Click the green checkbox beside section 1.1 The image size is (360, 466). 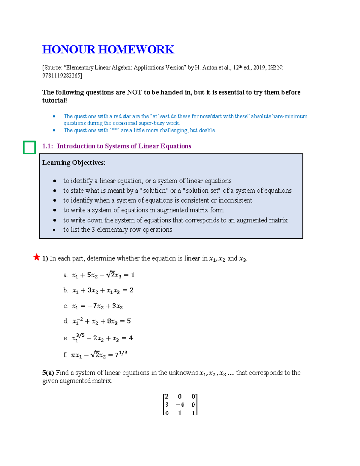[x=29, y=147]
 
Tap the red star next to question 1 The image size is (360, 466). [x=37, y=257]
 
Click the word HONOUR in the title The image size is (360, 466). [x=69, y=50]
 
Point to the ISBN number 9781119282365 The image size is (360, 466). [x=61, y=76]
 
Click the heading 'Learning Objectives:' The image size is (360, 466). [x=74, y=163]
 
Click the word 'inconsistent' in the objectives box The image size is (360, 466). [x=235, y=200]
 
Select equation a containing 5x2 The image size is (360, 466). [x=103, y=275]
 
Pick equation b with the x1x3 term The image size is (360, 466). [x=103, y=290]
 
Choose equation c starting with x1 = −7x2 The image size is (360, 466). [x=97, y=306]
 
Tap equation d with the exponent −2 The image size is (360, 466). [x=101, y=321]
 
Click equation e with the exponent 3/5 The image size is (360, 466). [x=102, y=338]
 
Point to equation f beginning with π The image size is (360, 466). [x=99, y=355]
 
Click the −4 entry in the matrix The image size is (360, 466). [x=180, y=404]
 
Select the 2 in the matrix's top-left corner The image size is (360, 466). [x=167, y=396]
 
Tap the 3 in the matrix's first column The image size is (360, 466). [x=167, y=404]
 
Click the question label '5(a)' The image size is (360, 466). [x=48, y=373]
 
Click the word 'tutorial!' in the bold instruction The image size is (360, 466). [x=54, y=100]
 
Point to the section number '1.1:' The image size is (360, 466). [x=47, y=146]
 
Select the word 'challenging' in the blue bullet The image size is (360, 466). [x=174, y=130]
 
